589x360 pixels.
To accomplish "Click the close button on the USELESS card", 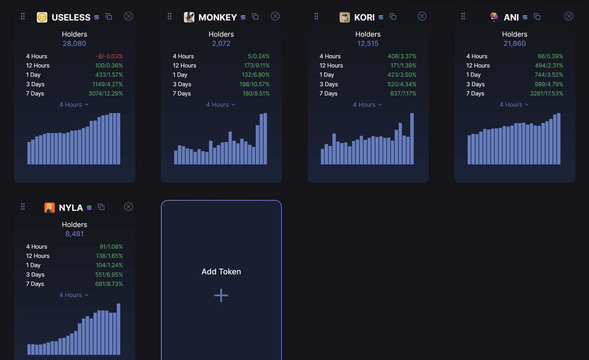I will tap(129, 16).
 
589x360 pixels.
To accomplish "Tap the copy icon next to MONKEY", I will tap(255, 17).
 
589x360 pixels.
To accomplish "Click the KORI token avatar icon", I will tap(345, 17).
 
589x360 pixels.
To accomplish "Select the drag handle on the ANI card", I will tap(463, 17).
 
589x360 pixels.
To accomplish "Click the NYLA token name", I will tap(71, 208).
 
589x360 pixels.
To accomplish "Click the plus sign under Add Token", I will tap(221, 295).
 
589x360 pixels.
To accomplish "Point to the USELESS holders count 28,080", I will tap(74, 44).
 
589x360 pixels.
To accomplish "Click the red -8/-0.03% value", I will tap(109, 56).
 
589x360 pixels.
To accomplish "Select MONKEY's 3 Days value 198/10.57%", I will tap(252, 84).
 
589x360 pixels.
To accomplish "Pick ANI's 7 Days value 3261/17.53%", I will tap(546, 94).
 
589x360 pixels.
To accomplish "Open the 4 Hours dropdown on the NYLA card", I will tap(74, 295).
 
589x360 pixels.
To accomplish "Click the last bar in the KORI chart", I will tap(412, 139).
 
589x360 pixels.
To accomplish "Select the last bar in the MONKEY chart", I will tap(265, 139).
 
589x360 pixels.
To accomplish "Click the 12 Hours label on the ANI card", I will tap(478, 66).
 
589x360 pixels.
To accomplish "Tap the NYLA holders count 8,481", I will tap(74, 234).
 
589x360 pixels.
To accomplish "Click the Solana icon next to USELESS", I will tap(96, 17).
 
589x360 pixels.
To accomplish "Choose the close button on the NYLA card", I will tap(129, 207).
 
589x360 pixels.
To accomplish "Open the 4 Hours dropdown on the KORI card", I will tap(367, 105).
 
